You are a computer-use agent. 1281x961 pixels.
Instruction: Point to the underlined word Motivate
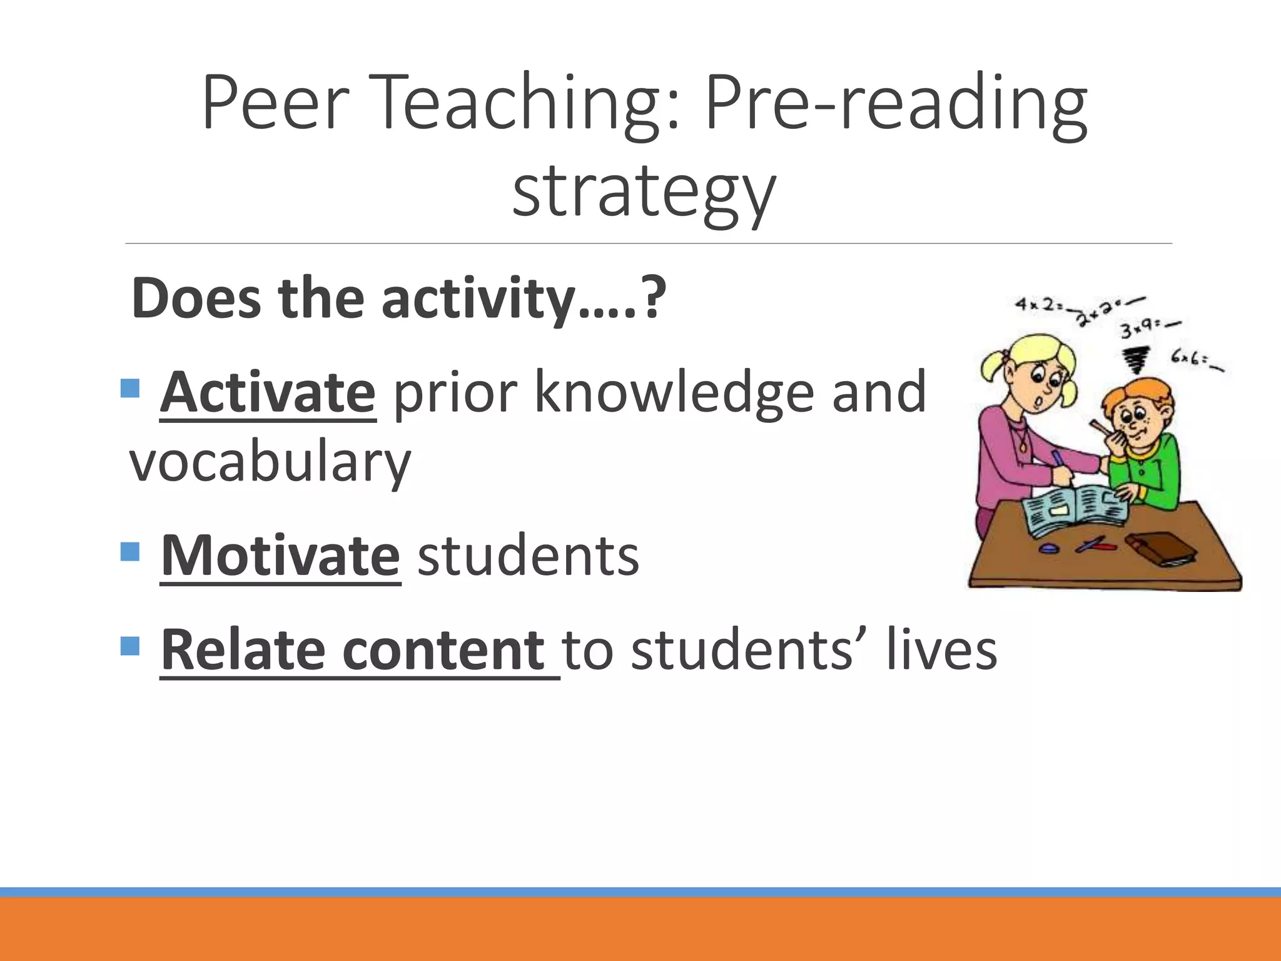[280, 556]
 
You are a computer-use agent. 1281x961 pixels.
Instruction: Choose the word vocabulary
[270, 462]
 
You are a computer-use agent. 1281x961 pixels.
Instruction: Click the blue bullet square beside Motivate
[129, 552]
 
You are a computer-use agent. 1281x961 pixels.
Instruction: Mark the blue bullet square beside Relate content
[129, 646]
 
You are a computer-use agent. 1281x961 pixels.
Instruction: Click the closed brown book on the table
[1161, 547]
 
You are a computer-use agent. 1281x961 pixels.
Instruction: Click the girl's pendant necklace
[1023, 446]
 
